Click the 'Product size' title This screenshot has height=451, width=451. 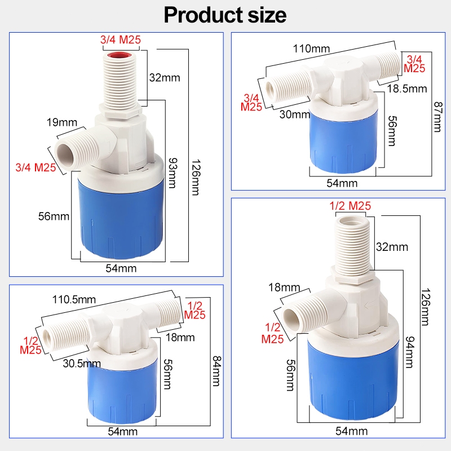[x=225, y=15]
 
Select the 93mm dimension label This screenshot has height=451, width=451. [x=173, y=173]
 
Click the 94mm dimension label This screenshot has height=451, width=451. [x=410, y=352]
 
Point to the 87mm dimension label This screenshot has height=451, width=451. [x=438, y=117]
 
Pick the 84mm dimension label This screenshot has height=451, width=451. [x=216, y=371]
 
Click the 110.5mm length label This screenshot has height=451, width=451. [x=74, y=300]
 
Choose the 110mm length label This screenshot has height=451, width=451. [x=311, y=48]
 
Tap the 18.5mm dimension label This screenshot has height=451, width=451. [x=407, y=89]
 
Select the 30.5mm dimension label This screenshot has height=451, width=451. [x=82, y=364]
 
